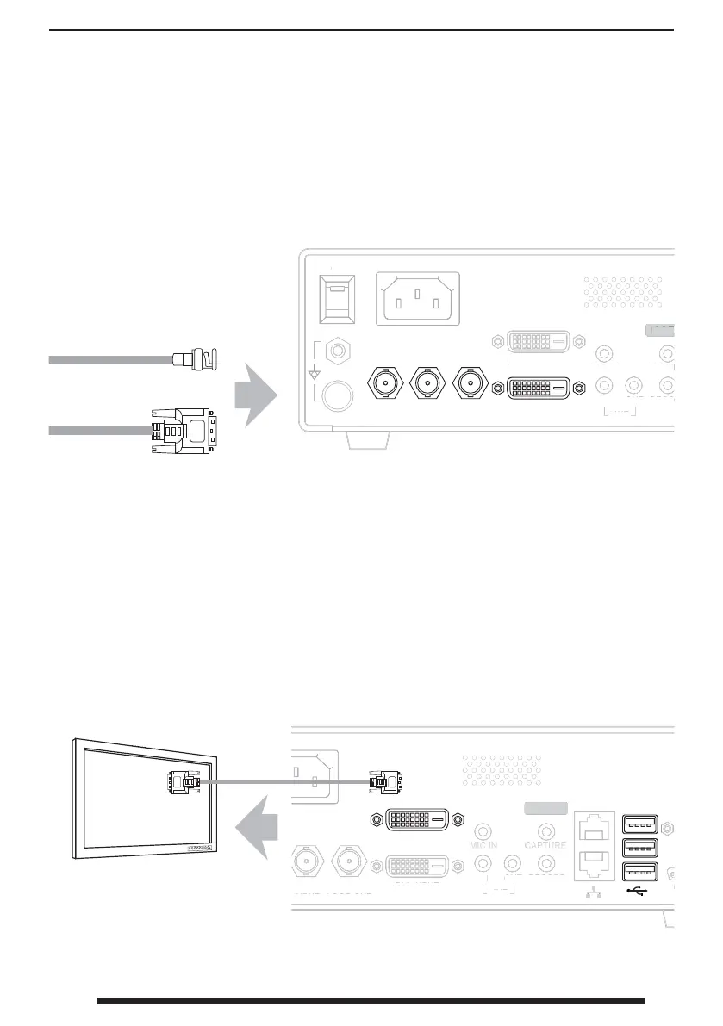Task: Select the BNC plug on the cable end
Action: (x=199, y=358)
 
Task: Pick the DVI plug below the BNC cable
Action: (x=184, y=430)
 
